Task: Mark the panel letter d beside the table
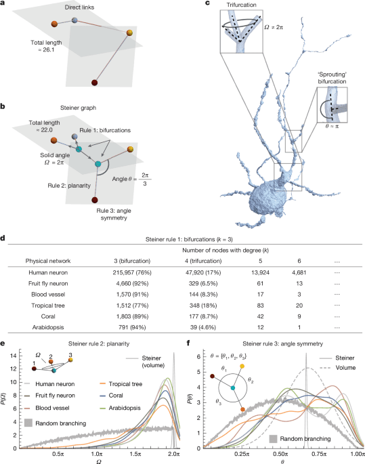click(x=3, y=238)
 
